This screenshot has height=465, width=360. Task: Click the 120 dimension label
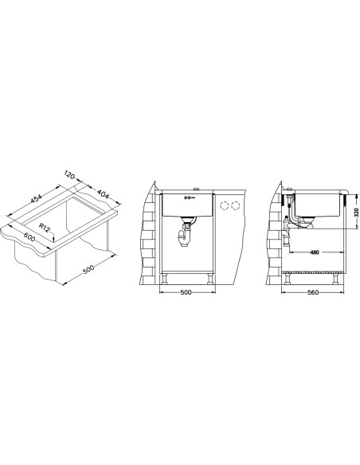68,175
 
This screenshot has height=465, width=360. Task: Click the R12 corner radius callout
45,228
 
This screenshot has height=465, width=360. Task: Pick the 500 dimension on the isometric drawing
88,269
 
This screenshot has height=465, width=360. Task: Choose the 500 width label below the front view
186,292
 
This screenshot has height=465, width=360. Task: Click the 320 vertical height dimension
357,212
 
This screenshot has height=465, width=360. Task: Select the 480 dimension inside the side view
315,252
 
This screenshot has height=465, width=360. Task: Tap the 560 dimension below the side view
313,292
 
